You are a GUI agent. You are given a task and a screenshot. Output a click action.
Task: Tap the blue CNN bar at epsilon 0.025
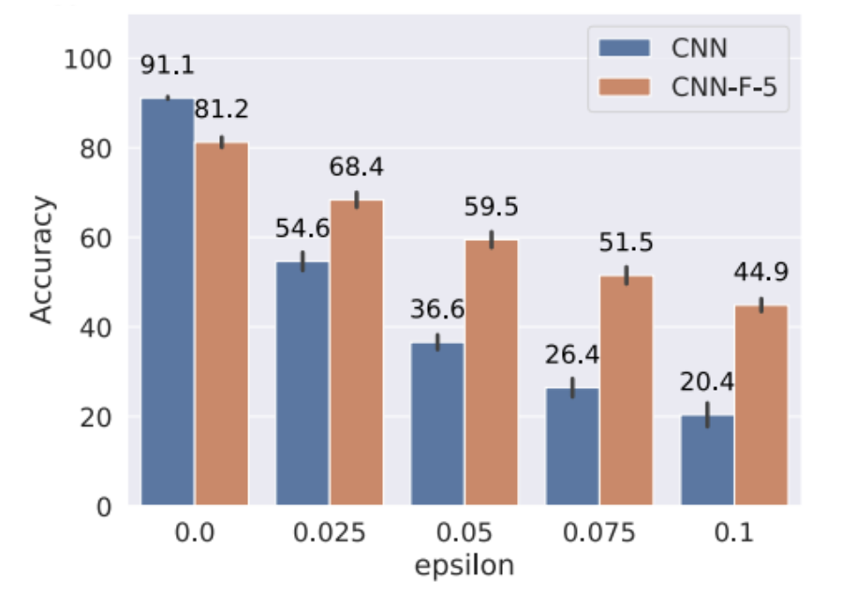(302, 383)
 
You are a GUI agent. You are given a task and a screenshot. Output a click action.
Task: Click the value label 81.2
(221, 110)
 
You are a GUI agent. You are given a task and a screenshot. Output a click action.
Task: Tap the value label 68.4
(357, 168)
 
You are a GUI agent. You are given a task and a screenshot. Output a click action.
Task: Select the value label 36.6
(437, 309)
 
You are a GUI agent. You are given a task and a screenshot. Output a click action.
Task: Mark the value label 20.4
(707, 381)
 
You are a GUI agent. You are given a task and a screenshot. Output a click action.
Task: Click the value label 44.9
(761, 272)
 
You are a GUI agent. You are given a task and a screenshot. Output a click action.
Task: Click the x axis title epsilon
(465, 566)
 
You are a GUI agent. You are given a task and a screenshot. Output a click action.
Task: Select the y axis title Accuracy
(41, 261)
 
